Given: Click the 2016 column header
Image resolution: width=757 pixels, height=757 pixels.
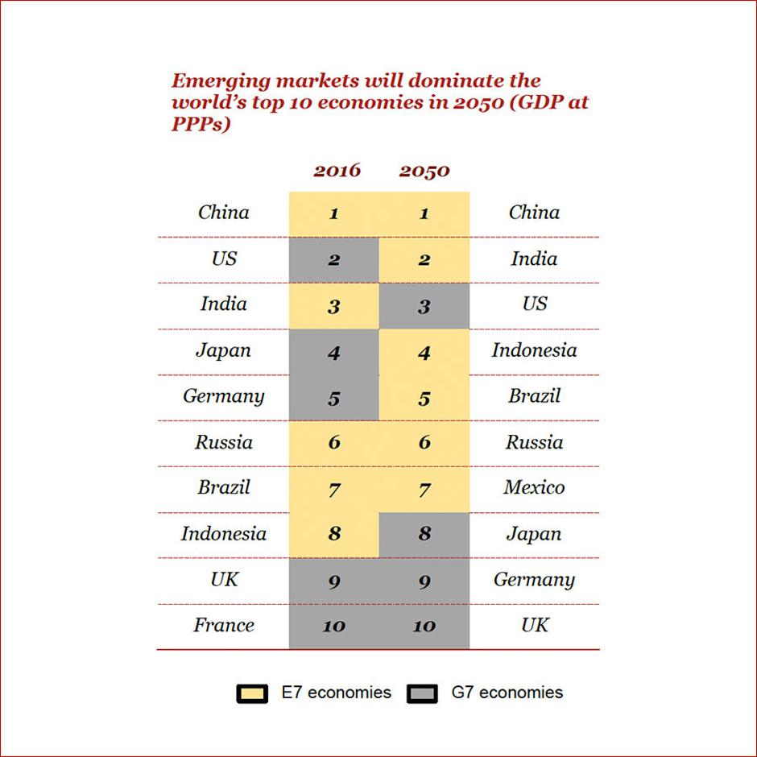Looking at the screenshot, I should (x=337, y=170).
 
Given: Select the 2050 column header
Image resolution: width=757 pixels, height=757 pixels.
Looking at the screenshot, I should (x=424, y=171).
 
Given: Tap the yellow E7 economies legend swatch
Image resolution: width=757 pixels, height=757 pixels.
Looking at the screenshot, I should (x=252, y=693).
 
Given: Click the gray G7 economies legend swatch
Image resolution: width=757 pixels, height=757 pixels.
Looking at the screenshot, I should (x=423, y=693).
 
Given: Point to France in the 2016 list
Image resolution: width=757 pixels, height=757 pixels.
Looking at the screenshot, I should (x=224, y=625).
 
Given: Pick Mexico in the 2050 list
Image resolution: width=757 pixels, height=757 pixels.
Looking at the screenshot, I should (x=534, y=487).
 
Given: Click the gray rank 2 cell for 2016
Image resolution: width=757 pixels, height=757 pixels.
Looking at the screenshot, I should (x=333, y=260).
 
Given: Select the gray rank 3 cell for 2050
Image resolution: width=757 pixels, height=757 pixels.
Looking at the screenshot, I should (x=424, y=306).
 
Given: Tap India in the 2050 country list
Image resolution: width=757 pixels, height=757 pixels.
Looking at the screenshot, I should (x=534, y=259).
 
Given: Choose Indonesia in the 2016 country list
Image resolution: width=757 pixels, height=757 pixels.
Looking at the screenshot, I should (x=224, y=533).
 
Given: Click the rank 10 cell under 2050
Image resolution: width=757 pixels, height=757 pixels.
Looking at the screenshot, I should (x=424, y=626).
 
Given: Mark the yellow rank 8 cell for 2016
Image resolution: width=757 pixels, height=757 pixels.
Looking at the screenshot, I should (x=333, y=534).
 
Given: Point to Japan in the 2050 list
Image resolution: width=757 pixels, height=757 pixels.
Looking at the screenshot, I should (x=534, y=533).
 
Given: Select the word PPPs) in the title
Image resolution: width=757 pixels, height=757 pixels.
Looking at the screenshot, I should (x=196, y=126).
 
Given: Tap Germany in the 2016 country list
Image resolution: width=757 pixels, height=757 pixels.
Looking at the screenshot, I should (x=224, y=396).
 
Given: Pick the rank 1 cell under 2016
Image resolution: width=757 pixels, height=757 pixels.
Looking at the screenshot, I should (x=333, y=214).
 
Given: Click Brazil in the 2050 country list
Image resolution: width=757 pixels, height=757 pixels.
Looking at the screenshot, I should (x=534, y=395).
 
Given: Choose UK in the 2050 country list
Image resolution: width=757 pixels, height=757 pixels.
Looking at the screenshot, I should (x=534, y=625).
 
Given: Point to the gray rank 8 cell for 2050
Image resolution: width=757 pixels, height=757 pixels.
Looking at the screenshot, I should (x=424, y=534).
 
